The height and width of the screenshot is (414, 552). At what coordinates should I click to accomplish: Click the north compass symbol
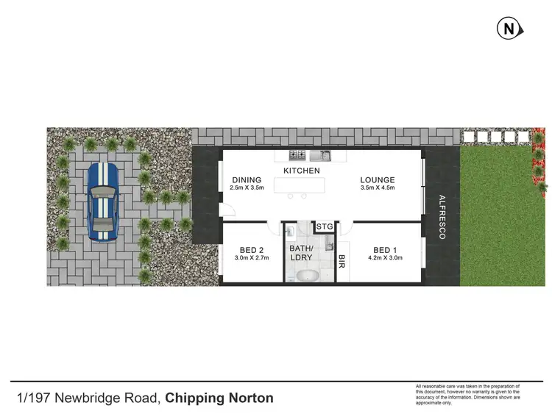[509, 29]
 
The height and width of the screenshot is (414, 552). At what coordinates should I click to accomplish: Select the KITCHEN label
[302, 171]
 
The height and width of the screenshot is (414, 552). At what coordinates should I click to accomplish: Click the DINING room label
[247, 180]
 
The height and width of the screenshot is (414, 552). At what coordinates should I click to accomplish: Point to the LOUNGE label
[378, 180]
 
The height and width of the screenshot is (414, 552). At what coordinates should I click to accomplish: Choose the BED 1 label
[386, 249]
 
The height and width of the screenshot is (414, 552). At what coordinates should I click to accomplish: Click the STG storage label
[324, 226]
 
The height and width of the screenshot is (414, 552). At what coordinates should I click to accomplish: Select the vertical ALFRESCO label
[442, 217]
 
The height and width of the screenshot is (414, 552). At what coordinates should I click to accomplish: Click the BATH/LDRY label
[301, 253]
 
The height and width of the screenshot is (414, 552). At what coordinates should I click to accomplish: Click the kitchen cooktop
[297, 155]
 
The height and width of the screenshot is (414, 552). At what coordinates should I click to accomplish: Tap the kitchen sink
[322, 155]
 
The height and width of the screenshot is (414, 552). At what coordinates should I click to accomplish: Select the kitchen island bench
[302, 187]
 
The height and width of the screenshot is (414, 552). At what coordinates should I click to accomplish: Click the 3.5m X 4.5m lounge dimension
[378, 189]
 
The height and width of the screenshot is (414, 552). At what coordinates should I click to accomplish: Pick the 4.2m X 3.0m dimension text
[386, 259]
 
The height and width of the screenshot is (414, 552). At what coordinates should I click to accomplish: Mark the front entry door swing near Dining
[223, 209]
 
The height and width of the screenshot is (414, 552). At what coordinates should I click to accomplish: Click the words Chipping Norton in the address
[219, 399]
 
